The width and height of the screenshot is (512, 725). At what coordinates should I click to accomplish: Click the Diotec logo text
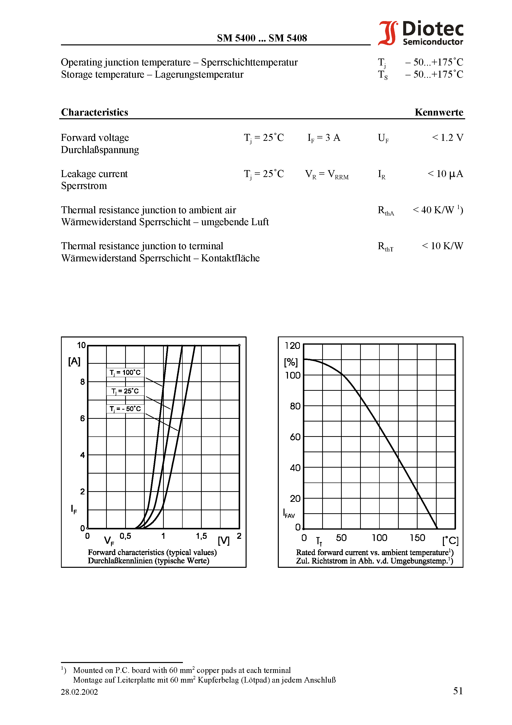432,29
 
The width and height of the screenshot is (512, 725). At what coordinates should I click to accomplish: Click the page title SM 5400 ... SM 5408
262,38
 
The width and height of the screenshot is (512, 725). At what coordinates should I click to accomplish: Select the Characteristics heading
94,112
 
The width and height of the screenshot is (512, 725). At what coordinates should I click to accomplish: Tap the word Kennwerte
438,112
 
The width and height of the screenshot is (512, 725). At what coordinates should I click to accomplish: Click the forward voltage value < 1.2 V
447,138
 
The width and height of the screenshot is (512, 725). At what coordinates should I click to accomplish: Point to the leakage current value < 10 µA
445,174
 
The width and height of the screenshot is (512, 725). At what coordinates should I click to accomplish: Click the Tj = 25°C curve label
125,391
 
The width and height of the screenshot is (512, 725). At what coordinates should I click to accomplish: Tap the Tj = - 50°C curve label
125,409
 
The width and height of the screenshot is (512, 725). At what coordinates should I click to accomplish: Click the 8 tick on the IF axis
82,382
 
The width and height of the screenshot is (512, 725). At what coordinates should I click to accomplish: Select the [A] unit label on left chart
74,361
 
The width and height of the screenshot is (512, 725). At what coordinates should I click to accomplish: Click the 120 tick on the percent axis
292,346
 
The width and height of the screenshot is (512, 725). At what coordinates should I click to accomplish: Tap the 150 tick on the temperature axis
417,538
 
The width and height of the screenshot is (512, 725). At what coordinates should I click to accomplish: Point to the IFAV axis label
288,514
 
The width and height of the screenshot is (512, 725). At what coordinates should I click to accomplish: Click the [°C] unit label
450,541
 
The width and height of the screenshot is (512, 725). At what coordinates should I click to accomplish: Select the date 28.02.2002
79,692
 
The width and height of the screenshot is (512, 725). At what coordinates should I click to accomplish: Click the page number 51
458,691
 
